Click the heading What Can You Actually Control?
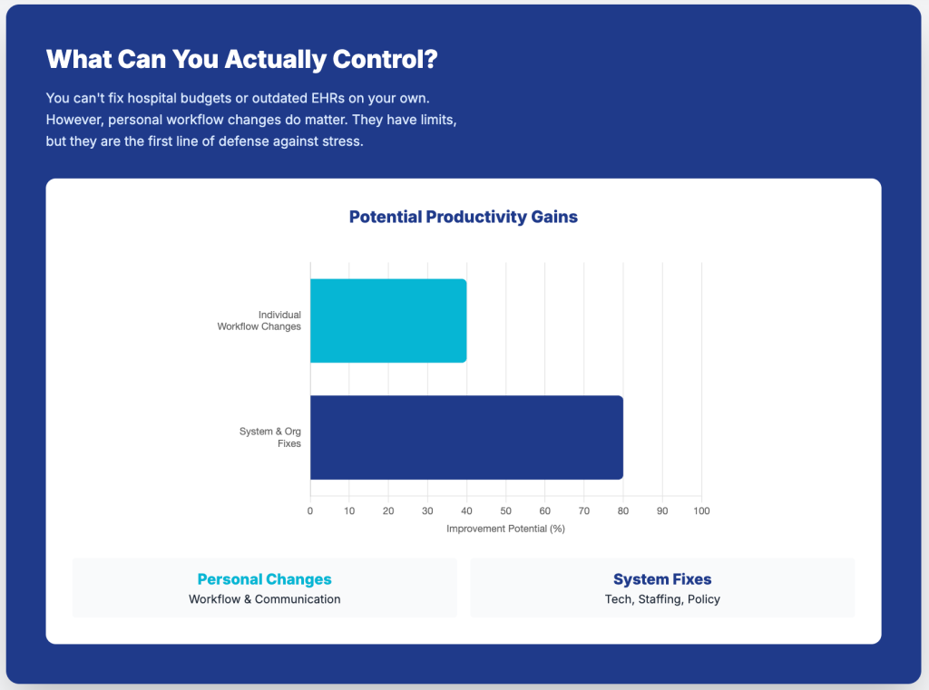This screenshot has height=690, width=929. point(241,60)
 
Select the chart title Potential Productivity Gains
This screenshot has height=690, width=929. point(463,217)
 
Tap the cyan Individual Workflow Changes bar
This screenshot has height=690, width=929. point(388,321)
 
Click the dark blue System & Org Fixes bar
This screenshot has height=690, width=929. point(466,437)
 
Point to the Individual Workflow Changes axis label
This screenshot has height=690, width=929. point(259,320)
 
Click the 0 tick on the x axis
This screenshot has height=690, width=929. point(310,511)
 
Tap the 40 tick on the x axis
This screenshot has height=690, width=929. point(466,511)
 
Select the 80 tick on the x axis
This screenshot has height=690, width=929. point(622,511)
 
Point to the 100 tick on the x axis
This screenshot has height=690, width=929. point(700,511)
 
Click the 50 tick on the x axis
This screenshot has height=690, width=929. point(505,511)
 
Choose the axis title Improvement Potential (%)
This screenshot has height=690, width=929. point(505,529)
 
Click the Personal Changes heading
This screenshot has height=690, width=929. point(264,579)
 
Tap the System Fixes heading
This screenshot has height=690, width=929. point(662,579)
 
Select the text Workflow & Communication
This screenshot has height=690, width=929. point(264,599)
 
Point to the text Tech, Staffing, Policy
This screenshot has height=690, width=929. point(662,599)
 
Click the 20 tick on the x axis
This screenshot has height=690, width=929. point(388,511)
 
